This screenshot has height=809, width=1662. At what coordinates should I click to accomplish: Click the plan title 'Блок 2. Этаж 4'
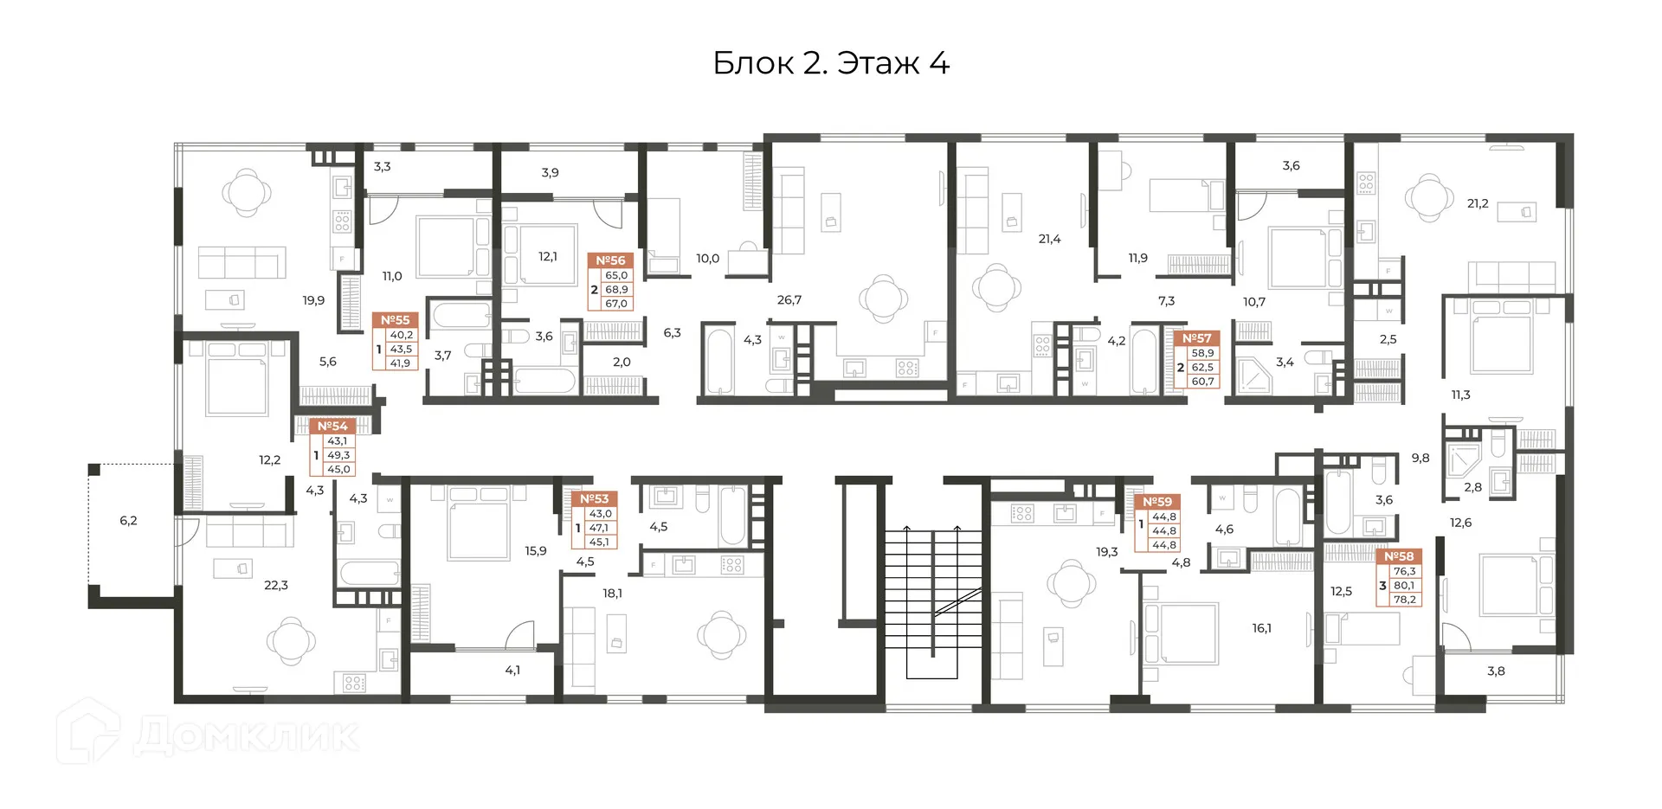point(831,63)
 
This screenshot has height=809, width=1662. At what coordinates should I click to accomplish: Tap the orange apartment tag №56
point(610,260)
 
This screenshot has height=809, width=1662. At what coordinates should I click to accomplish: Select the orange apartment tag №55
point(396,320)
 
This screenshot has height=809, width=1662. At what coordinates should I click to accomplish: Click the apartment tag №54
point(332,426)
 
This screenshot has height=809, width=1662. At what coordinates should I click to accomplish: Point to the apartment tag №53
point(594,498)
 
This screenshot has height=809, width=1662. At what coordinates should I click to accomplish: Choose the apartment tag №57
point(1197,338)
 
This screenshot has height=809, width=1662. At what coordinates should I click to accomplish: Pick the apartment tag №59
point(1157,502)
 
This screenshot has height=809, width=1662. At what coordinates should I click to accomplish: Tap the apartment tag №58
point(1399,556)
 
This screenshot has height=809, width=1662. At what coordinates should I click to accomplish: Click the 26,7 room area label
point(789,300)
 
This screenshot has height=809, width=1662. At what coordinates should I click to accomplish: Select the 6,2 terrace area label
point(128,521)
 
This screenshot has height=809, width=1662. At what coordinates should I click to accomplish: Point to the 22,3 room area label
point(276,586)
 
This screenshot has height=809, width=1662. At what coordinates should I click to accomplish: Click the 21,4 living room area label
point(1049,239)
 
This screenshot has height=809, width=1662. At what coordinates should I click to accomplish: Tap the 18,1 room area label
point(613,594)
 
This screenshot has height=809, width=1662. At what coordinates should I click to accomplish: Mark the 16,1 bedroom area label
point(1262,629)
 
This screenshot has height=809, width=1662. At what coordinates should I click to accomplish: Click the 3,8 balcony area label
point(1496,671)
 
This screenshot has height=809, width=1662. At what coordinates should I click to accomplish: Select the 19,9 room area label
point(313,300)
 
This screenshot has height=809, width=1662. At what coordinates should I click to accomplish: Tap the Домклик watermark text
point(247,736)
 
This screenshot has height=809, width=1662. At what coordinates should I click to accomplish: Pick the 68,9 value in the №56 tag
point(616,290)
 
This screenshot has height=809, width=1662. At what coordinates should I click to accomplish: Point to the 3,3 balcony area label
point(382,166)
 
